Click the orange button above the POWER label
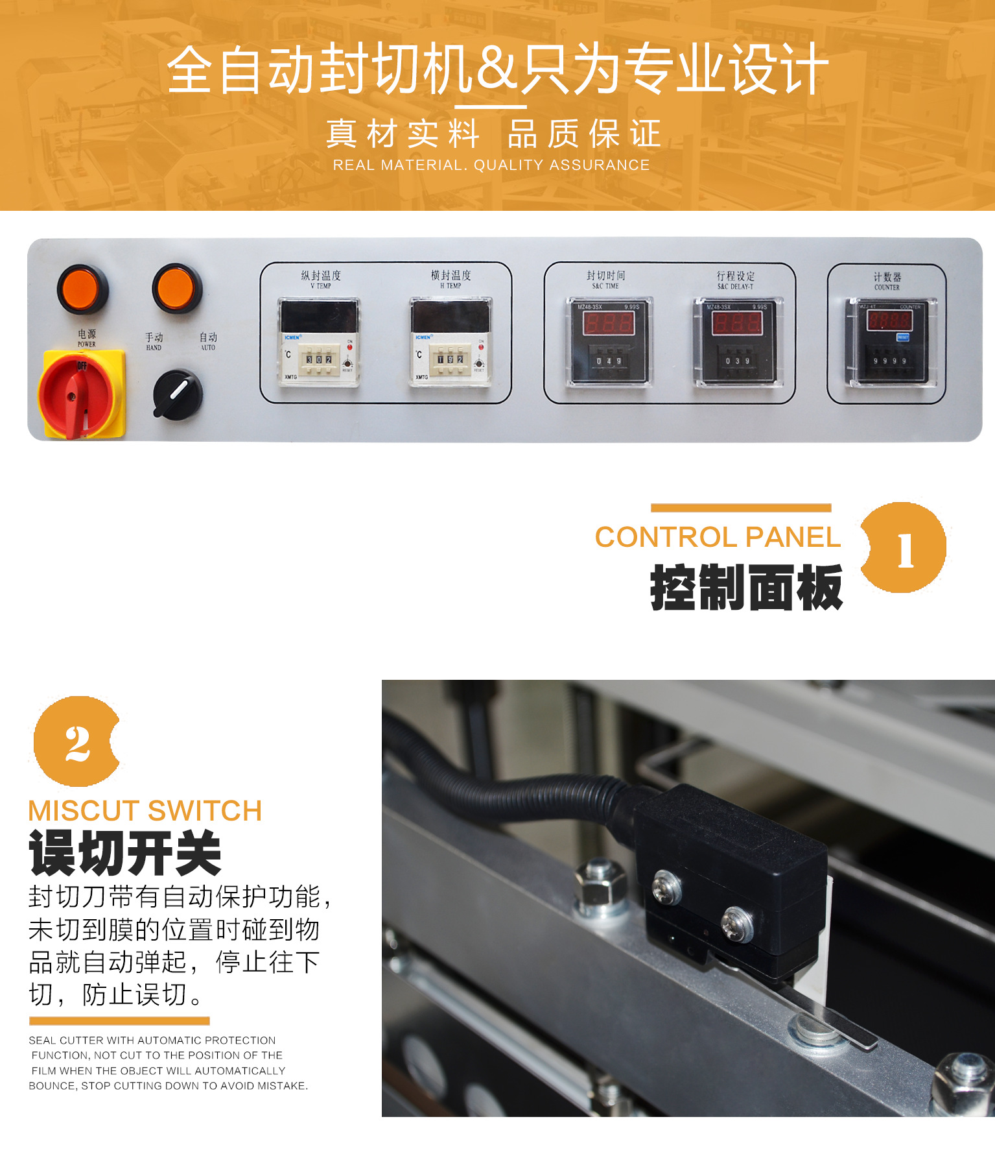tap(82, 289)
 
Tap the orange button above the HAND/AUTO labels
tap(177, 289)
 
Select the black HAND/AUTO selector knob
tap(177, 394)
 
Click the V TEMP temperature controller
tap(318, 342)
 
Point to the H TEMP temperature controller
tap(451, 342)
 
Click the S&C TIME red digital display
tap(608, 322)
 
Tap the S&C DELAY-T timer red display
tap(737, 322)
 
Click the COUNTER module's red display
tap(889, 320)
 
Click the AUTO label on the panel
tap(208, 341)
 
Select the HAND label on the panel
tap(154, 341)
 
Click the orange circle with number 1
tap(904, 548)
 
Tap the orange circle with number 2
tap(77, 742)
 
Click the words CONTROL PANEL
tap(718, 537)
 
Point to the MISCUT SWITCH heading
tap(145, 811)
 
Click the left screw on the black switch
tap(667, 887)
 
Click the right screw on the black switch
tap(738, 922)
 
